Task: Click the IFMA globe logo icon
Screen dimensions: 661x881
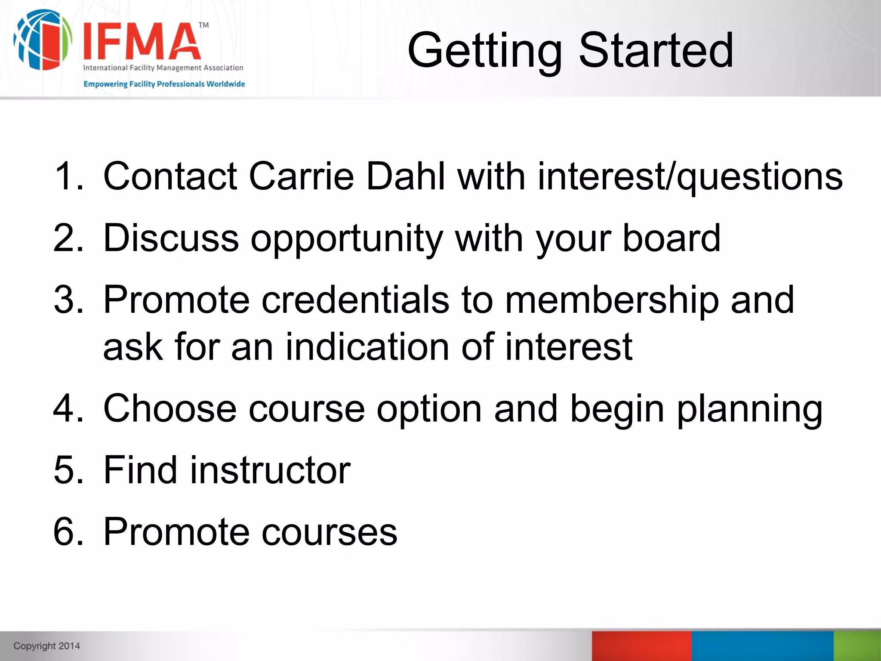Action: [42, 40]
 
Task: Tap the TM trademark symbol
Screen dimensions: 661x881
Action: [203, 25]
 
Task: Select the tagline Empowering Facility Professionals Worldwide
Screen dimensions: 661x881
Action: [164, 84]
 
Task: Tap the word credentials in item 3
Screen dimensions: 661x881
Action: [355, 300]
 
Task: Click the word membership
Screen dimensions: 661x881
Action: [611, 300]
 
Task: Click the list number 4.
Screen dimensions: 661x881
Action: [68, 408]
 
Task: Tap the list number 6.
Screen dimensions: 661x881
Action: [68, 532]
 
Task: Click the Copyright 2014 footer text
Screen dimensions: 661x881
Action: [46, 646]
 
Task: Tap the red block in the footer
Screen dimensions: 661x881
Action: [641, 646]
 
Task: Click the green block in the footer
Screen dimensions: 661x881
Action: [857, 646]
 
